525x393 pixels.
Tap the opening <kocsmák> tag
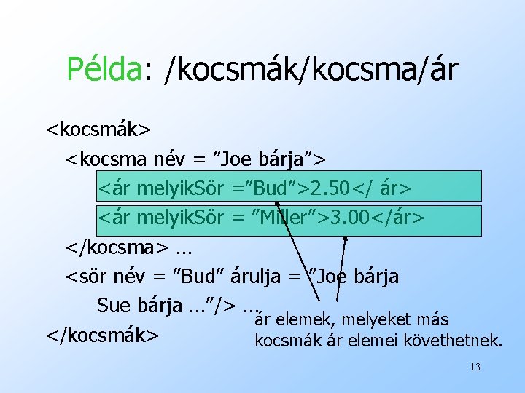[x=98, y=129]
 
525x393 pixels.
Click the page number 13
[x=475, y=368]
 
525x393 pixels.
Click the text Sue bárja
[x=139, y=305]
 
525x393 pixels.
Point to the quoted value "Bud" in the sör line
[x=201, y=277]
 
